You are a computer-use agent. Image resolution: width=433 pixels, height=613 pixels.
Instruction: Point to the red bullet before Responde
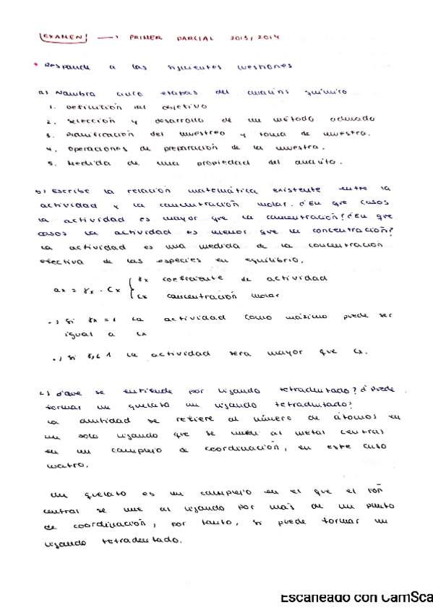tap(36, 65)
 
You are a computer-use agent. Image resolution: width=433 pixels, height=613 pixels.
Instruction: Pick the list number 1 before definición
tap(46, 106)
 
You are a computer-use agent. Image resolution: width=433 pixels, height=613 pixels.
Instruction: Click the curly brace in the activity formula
tap(130, 287)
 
